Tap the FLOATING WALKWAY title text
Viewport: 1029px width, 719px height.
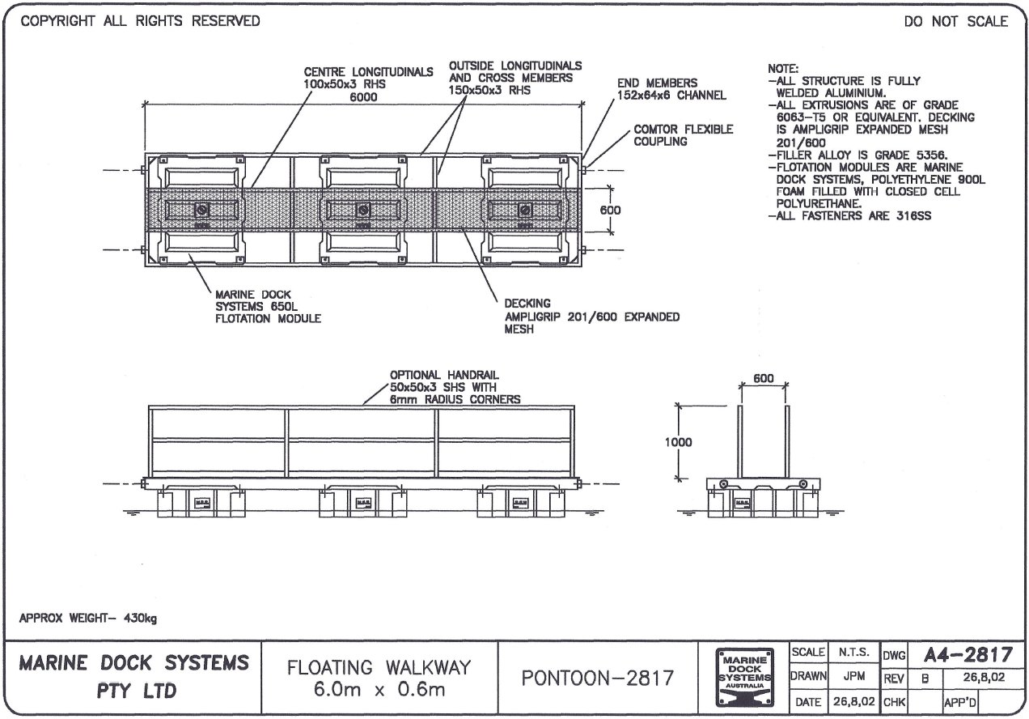[379, 668]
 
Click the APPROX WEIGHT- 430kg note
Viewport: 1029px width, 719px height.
[88, 619]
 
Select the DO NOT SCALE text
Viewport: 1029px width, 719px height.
[956, 22]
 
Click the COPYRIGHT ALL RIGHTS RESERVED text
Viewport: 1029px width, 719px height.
[140, 21]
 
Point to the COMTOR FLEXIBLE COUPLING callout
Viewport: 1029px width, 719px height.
[683, 135]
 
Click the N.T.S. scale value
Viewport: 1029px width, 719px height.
[853, 652]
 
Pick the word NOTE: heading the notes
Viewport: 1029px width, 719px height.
[783, 70]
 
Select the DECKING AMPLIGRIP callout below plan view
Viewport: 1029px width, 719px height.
[591, 317]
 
